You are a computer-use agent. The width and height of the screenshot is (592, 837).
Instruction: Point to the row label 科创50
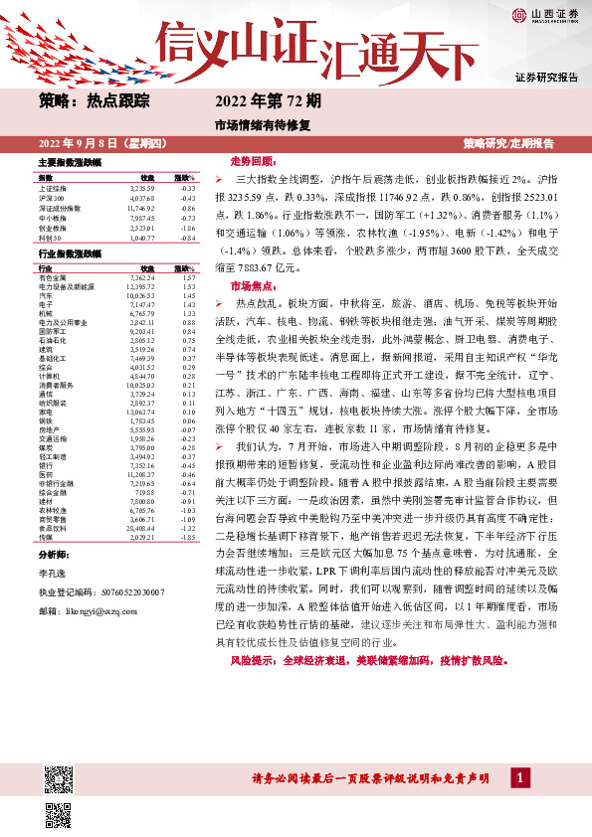click(49, 237)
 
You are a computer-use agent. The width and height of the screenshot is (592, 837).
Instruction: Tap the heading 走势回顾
click(249, 160)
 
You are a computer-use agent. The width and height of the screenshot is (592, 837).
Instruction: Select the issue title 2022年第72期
click(268, 100)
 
